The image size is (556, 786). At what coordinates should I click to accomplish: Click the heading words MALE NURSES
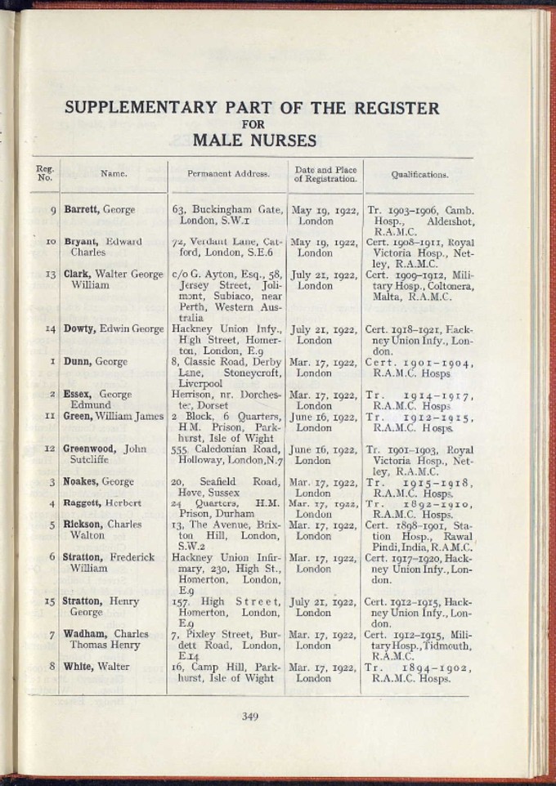[254, 141]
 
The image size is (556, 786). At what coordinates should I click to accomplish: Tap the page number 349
[250, 717]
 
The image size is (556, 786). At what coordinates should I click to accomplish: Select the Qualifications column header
[419, 174]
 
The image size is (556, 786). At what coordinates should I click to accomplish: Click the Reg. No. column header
[44, 173]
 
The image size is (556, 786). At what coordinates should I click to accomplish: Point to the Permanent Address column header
[228, 174]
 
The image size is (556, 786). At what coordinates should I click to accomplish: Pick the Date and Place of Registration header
[325, 174]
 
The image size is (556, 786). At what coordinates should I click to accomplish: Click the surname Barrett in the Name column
[82, 210]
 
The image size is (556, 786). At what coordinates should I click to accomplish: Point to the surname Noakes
[81, 482]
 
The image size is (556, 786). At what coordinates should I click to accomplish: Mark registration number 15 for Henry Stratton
[50, 601]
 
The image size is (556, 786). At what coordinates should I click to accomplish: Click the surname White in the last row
[78, 667]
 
